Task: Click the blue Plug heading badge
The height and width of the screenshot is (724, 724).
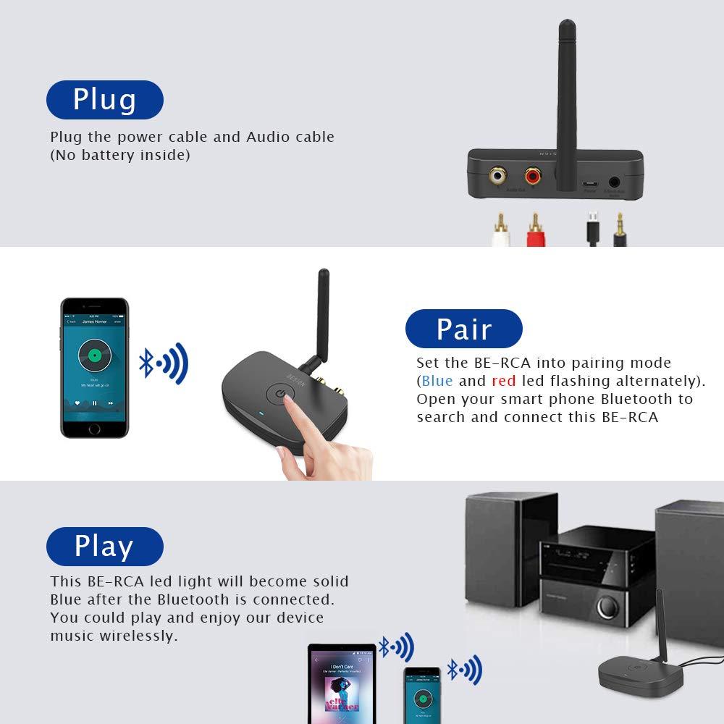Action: pos(104,100)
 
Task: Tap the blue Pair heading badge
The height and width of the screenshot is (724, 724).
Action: pos(463,329)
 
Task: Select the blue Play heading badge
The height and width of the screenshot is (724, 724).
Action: pos(104,547)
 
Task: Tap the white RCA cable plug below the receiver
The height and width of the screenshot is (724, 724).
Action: pos(499,230)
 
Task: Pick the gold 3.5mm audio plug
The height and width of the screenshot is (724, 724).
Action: pos(619,228)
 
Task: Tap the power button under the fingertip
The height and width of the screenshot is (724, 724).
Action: pos(281,395)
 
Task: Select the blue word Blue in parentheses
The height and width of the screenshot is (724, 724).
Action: pos(437,381)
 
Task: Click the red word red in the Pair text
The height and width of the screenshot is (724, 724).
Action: pos(503,381)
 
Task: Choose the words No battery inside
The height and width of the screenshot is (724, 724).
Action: pos(120,155)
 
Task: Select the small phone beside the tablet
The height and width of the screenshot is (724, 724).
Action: pos(422,695)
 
